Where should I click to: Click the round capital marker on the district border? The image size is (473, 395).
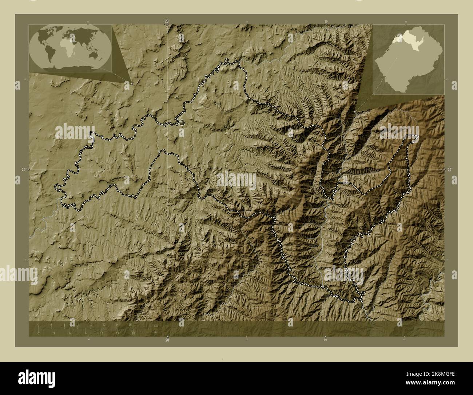tap(182, 123)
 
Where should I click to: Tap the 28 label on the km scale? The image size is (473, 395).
tap(130, 324)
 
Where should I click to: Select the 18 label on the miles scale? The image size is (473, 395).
tap(134, 333)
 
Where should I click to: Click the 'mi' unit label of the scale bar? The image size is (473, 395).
tap(156, 332)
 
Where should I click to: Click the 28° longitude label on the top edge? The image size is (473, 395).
tap(167, 21)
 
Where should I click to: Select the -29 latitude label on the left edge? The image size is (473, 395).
tap(23, 170)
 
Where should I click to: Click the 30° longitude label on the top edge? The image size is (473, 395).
tap(326, 21)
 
